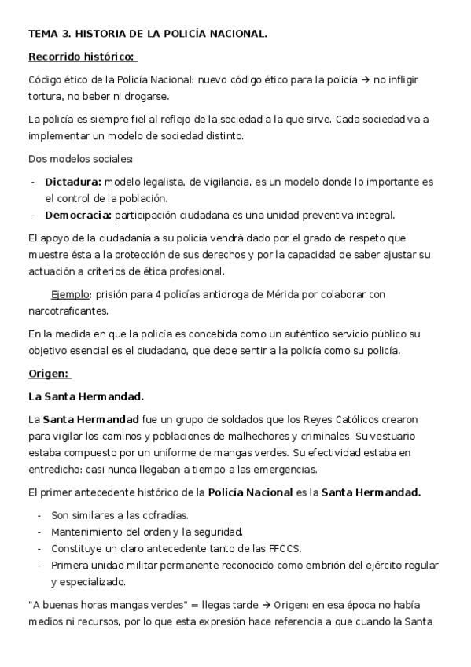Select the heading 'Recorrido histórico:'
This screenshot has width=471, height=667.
click(x=82, y=57)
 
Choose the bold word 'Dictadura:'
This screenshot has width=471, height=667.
click(x=73, y=182)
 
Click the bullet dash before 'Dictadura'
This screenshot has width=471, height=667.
click(x=33, y=182)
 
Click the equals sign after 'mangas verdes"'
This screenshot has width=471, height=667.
click(x=192, y=606)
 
